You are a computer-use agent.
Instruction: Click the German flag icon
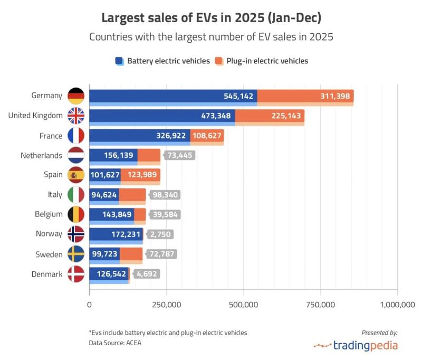76,96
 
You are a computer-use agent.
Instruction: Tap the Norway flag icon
76,234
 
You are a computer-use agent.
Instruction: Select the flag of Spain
76,175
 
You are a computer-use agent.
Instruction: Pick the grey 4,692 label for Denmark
146,274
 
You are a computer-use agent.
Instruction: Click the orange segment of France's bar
207,136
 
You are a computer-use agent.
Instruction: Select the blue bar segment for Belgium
111,215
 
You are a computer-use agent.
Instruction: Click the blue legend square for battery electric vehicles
119,61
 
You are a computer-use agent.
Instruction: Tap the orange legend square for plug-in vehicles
218,61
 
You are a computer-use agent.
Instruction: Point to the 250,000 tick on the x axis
166,305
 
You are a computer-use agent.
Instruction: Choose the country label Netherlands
42,156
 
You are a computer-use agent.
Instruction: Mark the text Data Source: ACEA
115,343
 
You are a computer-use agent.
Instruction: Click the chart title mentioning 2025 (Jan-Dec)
211,18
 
